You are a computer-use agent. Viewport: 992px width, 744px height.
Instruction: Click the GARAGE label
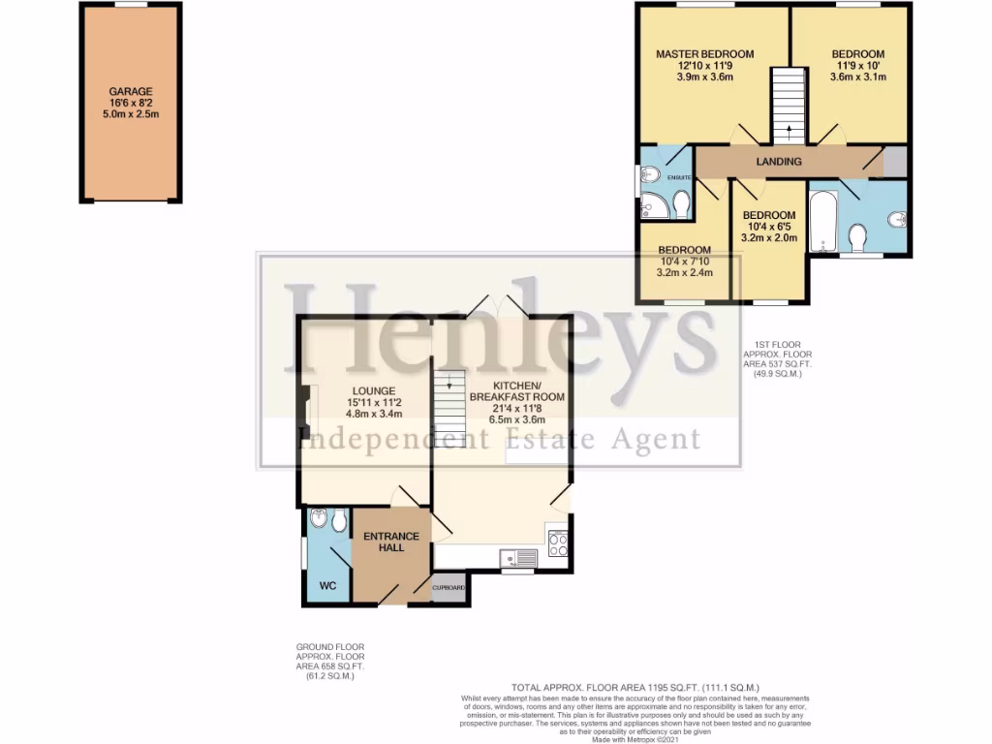click(131, 92)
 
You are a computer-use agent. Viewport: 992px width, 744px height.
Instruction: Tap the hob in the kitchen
click(557, 544)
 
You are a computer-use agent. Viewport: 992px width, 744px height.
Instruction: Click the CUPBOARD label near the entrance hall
click(449, 588)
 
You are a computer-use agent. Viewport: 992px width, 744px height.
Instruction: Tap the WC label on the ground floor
click(319, 585)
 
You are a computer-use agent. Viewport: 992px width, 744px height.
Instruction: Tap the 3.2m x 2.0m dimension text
click(769, 237)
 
